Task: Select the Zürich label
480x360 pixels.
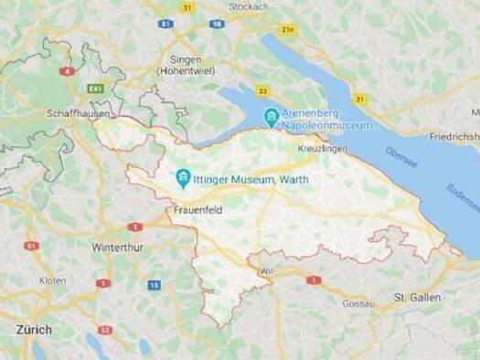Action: pos(33,329)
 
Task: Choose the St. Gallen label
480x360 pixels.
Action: pos(417,297)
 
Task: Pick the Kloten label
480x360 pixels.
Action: pos(52,281)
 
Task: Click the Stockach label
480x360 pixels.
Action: pos(249,5)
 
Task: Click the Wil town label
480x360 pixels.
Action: pos(267,271)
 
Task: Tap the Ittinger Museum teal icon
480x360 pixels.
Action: pos(183,177)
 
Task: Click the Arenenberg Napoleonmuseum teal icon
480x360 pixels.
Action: pos(271,117)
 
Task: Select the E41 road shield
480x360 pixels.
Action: pos(95,89)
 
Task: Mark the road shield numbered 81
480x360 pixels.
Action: pos(165,23)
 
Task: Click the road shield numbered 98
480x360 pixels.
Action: pos(216,23)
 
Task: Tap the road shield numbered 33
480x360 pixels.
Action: pos(262,90)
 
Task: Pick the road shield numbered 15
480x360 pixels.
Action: pos(154,286)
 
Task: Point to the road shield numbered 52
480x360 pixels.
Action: pos(105,330)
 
